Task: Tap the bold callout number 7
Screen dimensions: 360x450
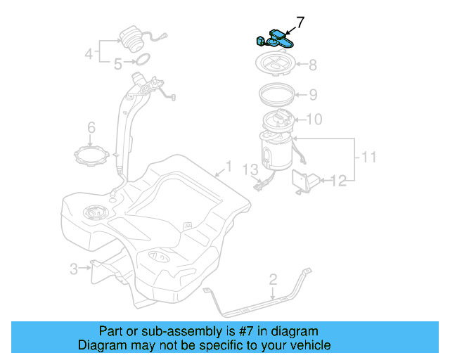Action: [300, 22]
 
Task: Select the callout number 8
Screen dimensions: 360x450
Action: [312, 65]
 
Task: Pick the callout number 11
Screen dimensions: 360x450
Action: [369, 156]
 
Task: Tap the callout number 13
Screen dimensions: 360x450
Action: [251, 169]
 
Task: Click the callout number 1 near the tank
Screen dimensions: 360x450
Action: [227, 167]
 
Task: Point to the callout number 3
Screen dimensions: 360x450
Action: [74, 268]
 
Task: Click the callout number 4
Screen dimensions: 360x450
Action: [89, 53]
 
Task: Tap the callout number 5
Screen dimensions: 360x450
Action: [119, 63]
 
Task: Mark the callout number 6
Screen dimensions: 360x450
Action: [91, 127]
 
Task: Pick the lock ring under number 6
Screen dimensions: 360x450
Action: [91, 154]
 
